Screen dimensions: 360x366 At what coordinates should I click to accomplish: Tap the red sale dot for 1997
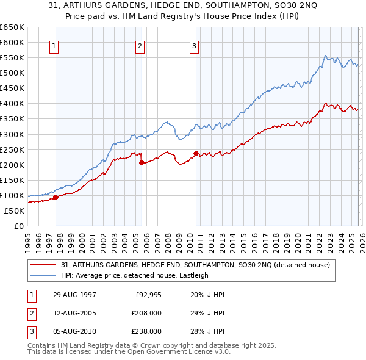coord(56,197)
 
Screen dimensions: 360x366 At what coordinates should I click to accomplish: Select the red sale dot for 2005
coord(142,162)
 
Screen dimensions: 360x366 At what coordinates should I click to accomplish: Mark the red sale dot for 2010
coord(196,153)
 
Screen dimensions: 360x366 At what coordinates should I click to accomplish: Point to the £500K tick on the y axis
coord(12,73)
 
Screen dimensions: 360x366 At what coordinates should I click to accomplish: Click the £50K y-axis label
coord(15,211)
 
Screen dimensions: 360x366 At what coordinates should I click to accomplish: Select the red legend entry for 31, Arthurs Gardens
coord(195,265)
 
